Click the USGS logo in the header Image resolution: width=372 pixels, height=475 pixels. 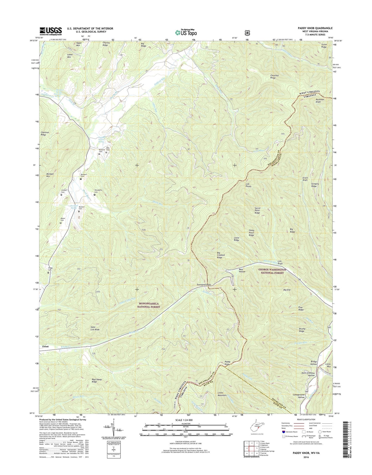click(51, 31)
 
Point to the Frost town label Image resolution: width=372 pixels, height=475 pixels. click(46, 347)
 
